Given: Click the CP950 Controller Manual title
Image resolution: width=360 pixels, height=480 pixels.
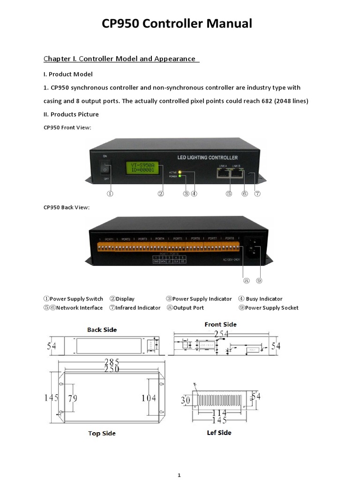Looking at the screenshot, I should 177,23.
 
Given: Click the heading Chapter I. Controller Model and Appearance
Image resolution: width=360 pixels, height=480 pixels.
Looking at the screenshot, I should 120,59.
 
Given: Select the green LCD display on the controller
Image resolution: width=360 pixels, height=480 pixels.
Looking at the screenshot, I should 142,168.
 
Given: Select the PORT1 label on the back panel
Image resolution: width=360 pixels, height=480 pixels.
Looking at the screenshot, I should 109,239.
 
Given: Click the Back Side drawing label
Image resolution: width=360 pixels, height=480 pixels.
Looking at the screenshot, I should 102,330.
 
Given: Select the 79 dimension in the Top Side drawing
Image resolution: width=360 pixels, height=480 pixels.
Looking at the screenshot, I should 72,398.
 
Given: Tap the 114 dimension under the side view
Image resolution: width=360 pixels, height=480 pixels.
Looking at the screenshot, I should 220,413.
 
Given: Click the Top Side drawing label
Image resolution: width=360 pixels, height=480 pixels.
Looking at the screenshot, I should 102,434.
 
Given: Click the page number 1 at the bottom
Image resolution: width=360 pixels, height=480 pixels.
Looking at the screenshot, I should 179,475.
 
